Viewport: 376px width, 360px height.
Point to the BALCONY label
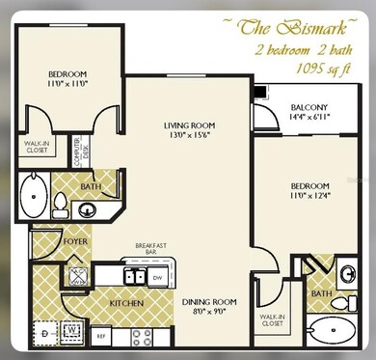click(x=309, y=107)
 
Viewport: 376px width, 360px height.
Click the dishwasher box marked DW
click(x=158, y=277)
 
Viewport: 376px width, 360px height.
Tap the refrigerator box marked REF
click(x=100, y=336)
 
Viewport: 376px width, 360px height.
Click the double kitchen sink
click(x=129, y=276)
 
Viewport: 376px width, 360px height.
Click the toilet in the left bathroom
click(x=60, y=204)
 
